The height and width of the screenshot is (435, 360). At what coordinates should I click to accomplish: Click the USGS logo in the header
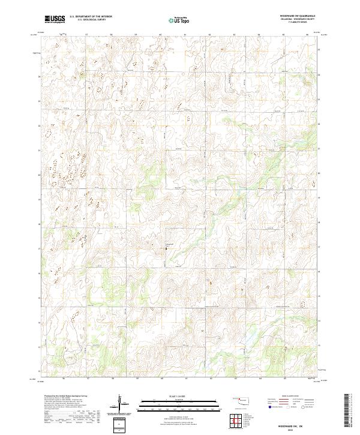(x=55, y=19)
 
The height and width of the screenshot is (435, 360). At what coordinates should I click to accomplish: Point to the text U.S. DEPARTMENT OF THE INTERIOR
(x=91, y=17)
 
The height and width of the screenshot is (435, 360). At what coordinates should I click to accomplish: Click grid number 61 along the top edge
(x=185, y=34)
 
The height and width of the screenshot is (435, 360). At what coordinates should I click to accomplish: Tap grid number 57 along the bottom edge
(x=88, y=379)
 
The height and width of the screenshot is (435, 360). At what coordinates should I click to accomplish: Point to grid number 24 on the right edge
(x=319, y=75)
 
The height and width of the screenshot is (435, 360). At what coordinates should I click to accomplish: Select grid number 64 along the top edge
(x=259, y=34)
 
